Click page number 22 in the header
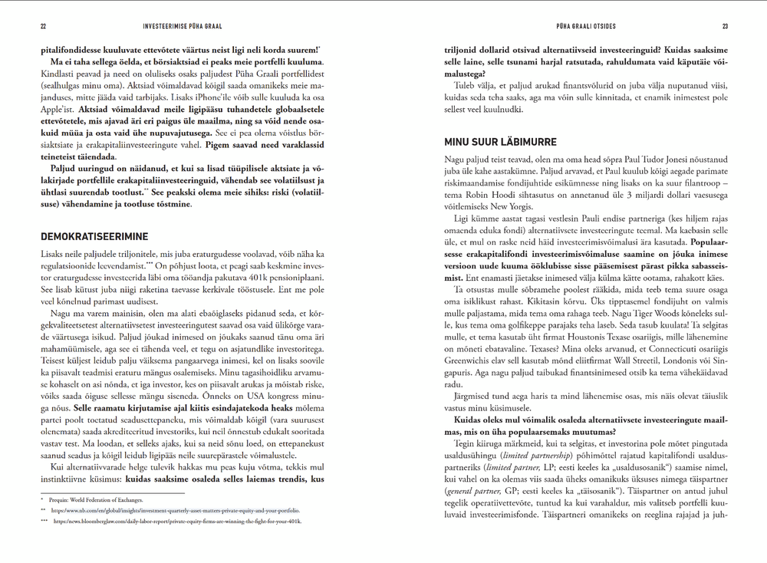[43, 26]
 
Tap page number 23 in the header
[724, 26]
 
